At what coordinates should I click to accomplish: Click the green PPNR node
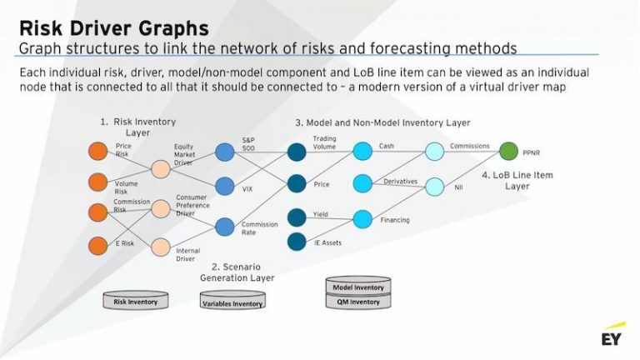click(508, 152)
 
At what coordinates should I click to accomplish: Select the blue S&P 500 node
click(224, 152)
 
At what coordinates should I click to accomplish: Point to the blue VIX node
click(224, 186)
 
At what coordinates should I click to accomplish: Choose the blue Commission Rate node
click(224, 226)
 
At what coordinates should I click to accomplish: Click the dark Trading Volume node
click(297, 152)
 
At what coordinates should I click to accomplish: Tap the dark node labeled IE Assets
click(297, 242)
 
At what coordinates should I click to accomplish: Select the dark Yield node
click(297, 217)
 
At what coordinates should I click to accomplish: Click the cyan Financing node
click(362, 219)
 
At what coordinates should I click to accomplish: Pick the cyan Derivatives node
click(362, 182)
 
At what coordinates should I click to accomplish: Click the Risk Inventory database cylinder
click(135, 300)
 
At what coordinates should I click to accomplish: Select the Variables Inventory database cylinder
click(232, 302)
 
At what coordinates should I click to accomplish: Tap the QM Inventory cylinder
click(358, 302)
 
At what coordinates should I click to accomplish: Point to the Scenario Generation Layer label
click(237, 272)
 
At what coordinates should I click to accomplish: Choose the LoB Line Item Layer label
click(517, 181)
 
